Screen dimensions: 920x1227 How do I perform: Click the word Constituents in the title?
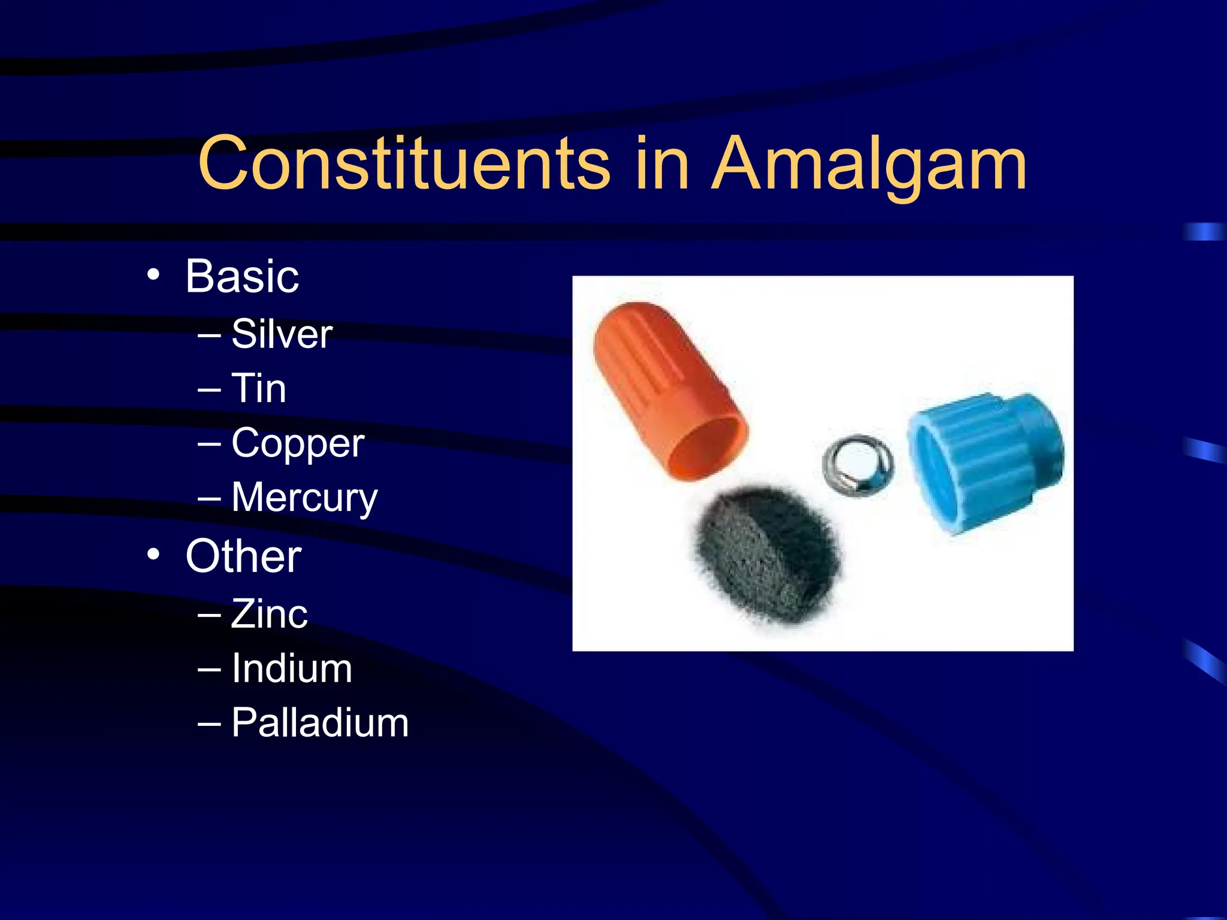[404, 163]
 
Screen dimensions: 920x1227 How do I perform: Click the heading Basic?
[242, 277]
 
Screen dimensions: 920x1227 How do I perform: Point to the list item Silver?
[282, 334]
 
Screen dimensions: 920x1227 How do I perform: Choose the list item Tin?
[259, 388]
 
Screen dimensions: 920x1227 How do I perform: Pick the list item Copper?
[298, 443]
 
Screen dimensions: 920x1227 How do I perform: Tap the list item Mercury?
[304, 497]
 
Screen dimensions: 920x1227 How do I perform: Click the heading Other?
[243, 556]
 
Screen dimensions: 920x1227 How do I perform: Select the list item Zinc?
[270, 613]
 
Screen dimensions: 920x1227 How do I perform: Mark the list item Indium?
[292, 668]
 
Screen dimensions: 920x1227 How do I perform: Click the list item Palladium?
[320, 722]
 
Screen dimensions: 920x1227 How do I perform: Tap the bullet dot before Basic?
[153, 275]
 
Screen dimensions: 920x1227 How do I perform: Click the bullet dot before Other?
[153, 554]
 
